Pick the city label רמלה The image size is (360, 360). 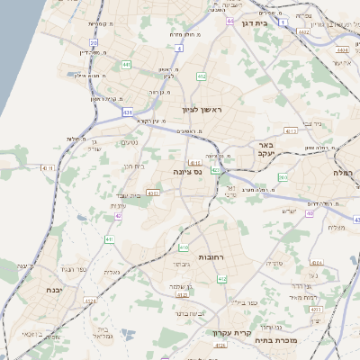tap(347, 172)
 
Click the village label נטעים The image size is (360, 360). tap(130, 141)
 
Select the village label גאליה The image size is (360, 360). tap(112, 272)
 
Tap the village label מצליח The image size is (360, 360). tap(337, 227)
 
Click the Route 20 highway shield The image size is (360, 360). tap(94, 42)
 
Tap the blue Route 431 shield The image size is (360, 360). tap(128, 112)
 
